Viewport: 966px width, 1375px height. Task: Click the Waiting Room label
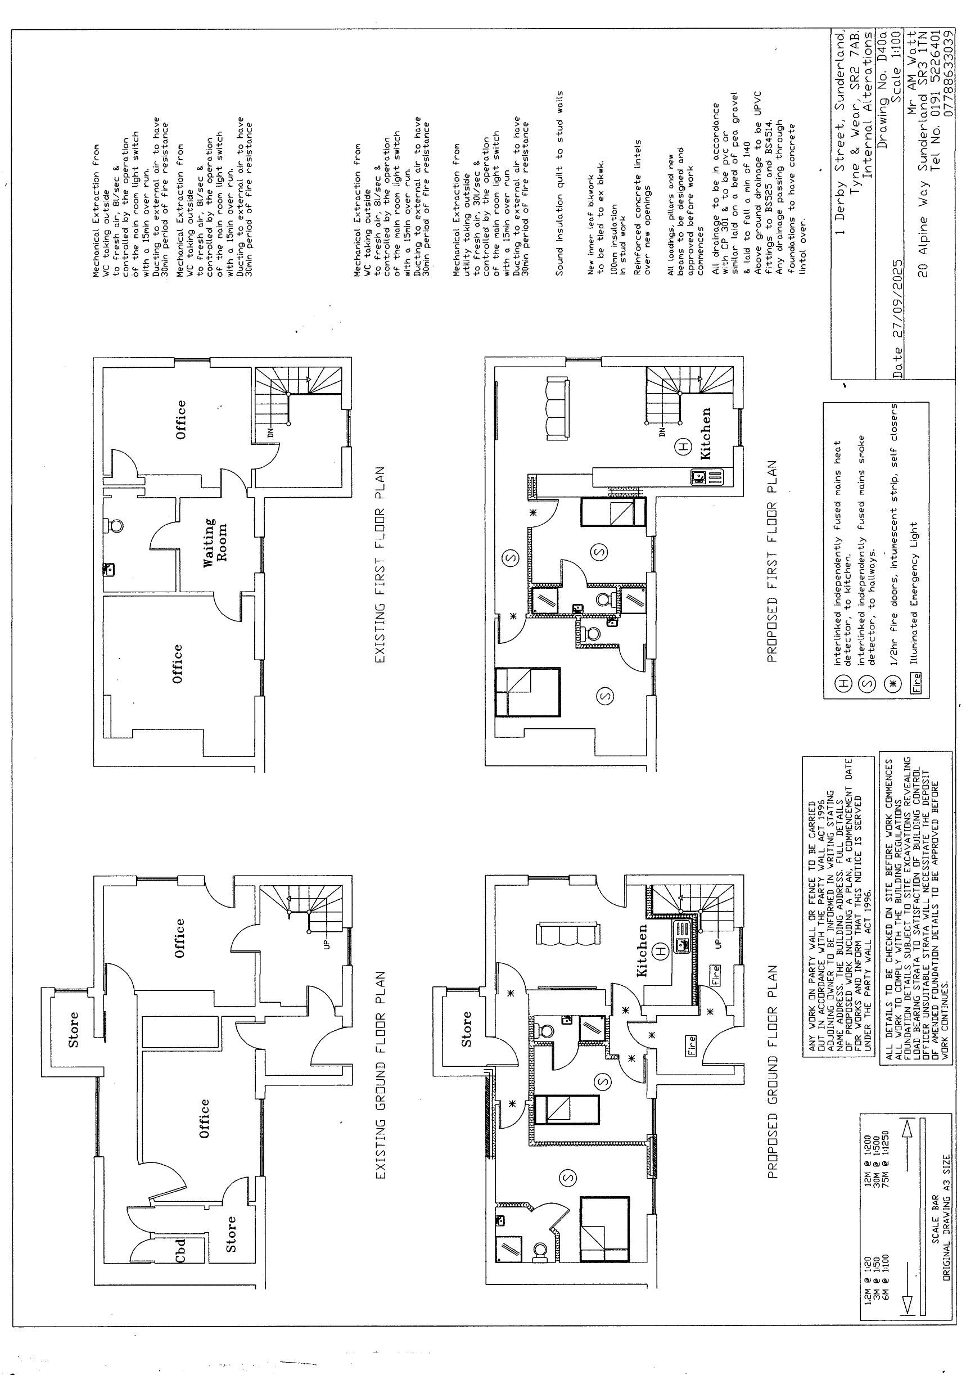click(215, 543)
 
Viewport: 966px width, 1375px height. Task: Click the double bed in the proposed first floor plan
click(527, 692)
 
